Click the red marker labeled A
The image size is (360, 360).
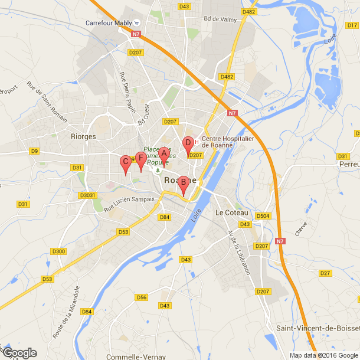(165, 153)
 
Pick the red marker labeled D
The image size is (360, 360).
(188, 143)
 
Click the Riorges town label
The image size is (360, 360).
(83, 136)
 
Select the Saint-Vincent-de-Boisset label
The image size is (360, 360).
(318, 328)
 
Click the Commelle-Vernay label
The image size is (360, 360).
(136, 356)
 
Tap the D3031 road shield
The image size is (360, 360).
(87, 195)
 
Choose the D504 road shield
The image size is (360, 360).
(263, 217)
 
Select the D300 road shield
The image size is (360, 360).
(58, 251)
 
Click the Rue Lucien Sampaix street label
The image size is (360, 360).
(129, 204)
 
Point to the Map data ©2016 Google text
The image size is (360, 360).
(323, 355)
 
